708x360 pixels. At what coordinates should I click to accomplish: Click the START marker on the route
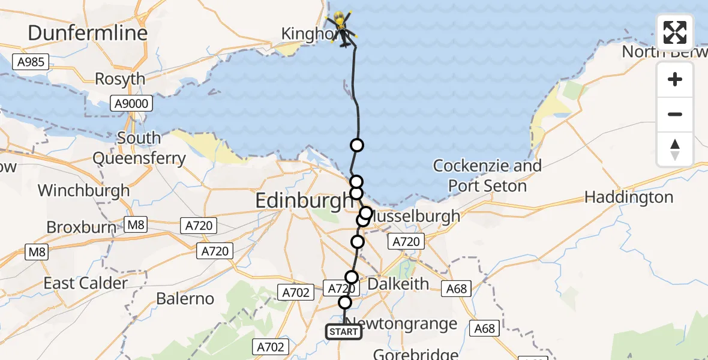[344, 332]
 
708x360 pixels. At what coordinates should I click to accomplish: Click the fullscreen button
[675, 32]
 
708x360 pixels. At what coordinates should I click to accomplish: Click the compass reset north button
[675, 149]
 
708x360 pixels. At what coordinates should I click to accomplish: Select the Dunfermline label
[88, 32]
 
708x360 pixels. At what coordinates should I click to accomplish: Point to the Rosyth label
[120, 79]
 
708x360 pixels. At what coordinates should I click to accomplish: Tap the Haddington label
[628, 197]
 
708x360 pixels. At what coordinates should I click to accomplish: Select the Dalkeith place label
[398, 283]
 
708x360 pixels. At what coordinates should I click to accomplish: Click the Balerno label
[185, 298]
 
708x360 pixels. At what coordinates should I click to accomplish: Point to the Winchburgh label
[83, 190]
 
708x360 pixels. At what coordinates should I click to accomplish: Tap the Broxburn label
[85, 227]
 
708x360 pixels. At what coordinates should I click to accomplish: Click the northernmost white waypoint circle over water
[357, 145]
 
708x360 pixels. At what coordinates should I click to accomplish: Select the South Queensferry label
[139, 148]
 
